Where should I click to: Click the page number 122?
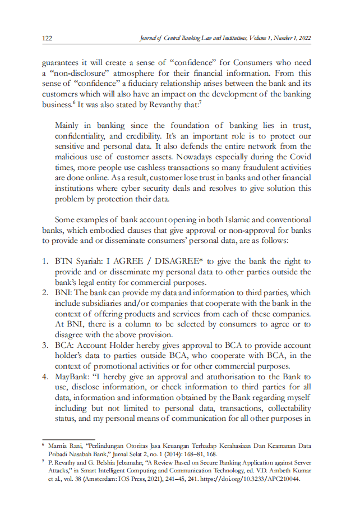pyautogui.click(x=47, y=38)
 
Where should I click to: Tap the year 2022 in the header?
pyautogui.click(x=303, y=38)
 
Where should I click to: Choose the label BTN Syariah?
pyautogui.click(x=75, y=261)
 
